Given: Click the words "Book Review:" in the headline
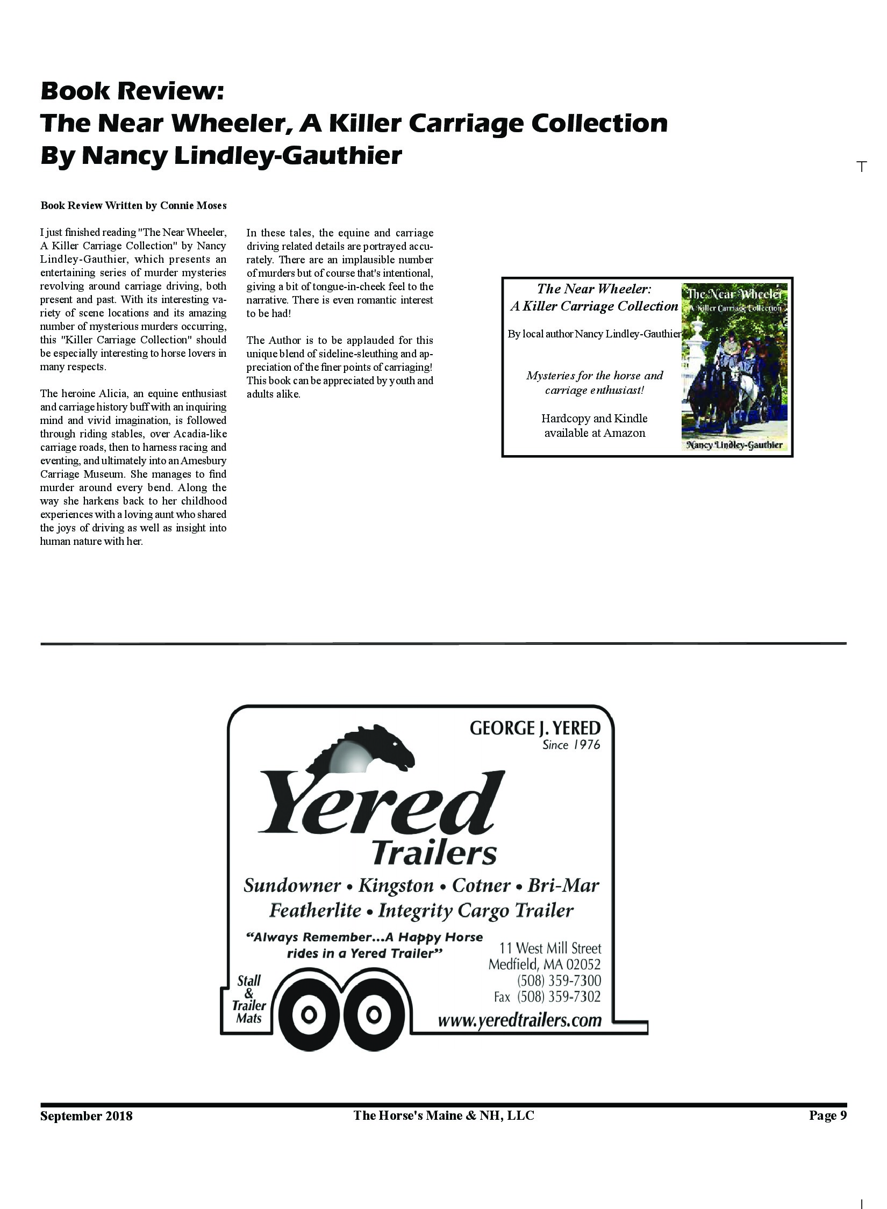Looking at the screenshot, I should (x=132, y=91).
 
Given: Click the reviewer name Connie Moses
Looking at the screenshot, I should (x=194, y=205).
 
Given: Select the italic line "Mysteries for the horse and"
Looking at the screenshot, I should (x=595, y=376).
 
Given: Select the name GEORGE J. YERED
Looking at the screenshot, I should (x=535, y=729).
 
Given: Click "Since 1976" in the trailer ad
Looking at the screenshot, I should (x=571, y=745).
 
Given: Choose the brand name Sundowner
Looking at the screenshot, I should (x=292, y=886).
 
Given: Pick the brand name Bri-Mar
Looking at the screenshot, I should (x=563, y=886).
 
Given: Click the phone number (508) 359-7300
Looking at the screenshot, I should (x=559, y=981).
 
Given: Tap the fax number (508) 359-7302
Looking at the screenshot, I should (x=559, y=997).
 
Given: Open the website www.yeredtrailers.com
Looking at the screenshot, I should (x=519, y=1020).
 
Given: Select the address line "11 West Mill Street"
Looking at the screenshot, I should (x=550, y=948).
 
